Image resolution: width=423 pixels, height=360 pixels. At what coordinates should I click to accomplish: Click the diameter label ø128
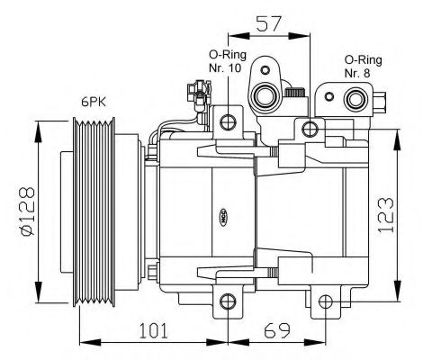tap(24, 212)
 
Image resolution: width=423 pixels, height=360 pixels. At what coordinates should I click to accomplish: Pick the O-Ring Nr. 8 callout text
tap(363, 65)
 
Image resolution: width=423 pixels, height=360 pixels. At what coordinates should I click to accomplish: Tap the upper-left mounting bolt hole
tap(229, 121)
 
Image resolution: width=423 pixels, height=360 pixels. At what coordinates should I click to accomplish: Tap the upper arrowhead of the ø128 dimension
tap(38, 127)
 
